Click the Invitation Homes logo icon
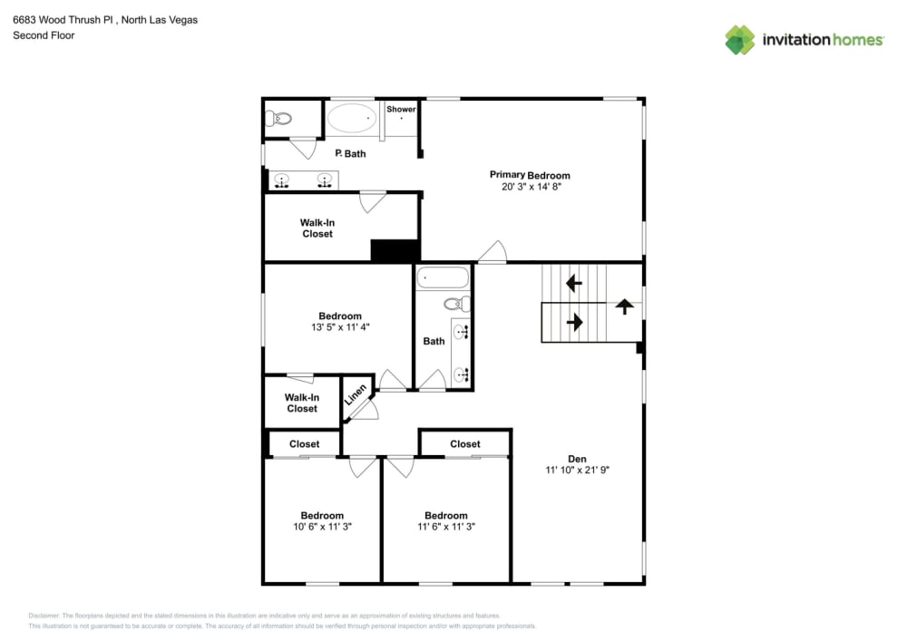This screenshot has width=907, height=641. [739, 40]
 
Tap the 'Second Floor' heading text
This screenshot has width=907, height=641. [44, 35]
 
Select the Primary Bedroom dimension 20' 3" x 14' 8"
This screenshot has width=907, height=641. [530, 187]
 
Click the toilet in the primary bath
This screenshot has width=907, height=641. [279, 119]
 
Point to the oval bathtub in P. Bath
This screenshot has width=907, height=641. [351, 118]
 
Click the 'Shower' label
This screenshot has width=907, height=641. [401, 110]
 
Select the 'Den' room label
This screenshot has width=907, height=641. [577, 458]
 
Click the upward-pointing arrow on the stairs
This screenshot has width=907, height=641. [624, 306]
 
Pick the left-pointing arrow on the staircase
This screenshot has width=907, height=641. [573, 284]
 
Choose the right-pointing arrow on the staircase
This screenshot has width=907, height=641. [573, 322]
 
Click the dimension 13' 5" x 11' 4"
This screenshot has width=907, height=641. [340, 327]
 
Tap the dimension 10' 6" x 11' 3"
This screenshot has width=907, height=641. [322, 527]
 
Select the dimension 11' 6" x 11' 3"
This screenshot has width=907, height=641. [446, 527]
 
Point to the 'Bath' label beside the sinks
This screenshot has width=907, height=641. [434, 341]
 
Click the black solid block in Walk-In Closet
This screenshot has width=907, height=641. [394, 250]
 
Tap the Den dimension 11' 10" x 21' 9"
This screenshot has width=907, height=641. [577, 470]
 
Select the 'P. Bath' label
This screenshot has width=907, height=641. [351, 153]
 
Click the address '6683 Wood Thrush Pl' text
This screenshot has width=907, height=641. [60, 19]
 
